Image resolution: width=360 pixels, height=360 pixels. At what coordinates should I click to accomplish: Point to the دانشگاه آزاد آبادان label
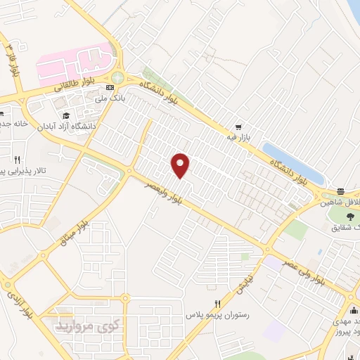(67, 126)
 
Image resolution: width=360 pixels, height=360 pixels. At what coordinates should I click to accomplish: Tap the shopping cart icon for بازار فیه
(239, 127)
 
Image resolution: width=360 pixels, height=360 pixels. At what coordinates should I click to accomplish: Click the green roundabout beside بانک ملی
(117, 77)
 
